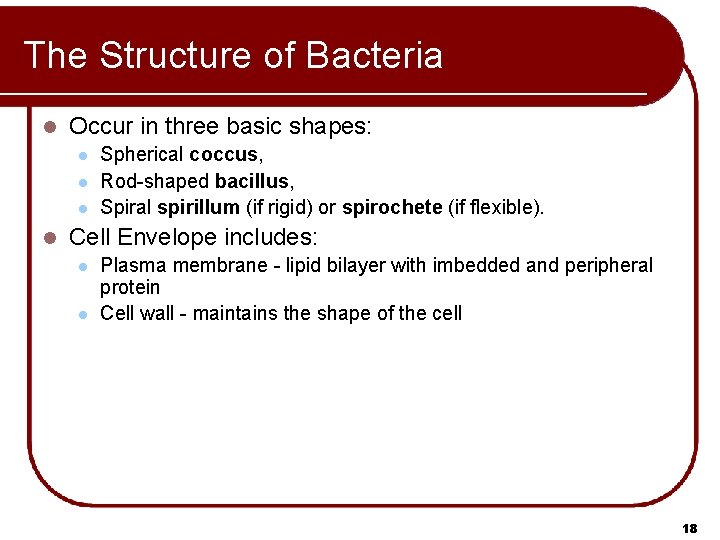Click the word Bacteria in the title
[x=376, y=55]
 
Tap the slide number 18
[x=688, y=527]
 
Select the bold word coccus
[x=224, y=155]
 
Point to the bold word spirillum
[x=198, y=208]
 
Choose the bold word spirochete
[x=393, y=208]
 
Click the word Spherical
[x=142, y=155]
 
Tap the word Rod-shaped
[x=155, y=182]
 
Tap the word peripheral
[x=608, y=266]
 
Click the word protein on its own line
[x=129, y=288]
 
